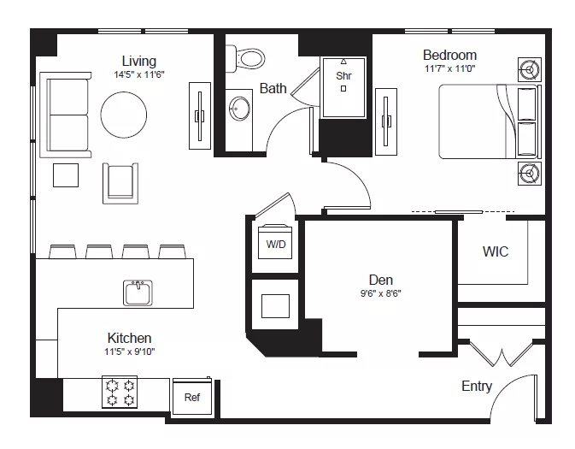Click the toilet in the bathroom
point(245,59)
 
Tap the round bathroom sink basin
point(239,109)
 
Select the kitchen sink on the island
point(138,292)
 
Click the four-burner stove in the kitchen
point(120,392)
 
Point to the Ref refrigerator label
point(192,397)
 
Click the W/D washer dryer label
point(276,244)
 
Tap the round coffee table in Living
point(124,115)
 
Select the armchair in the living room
point(120,183)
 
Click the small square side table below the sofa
point(66,175)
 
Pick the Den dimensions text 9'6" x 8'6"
point(381,293)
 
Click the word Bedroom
point(450,55)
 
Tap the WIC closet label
point(496,251)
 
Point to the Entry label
point(477,387)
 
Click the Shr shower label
point(343,75)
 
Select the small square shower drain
point(343,88)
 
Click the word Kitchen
point(130,338)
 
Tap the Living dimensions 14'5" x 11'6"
point(139,74)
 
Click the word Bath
point(273,88)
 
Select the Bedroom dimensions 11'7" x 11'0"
point(450,68)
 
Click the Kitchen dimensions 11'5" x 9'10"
point(130,352)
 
